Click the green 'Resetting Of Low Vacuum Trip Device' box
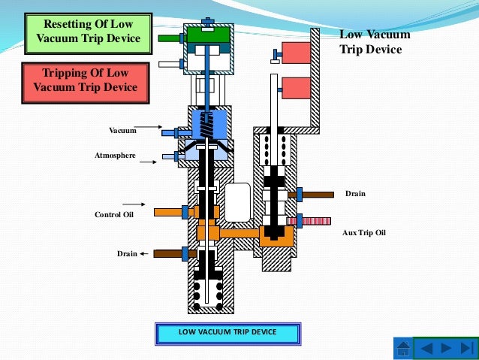click(x=87, y=31)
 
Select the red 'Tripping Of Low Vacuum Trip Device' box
click(x=86, y=80)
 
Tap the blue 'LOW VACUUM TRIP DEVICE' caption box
click(x=227, y=332)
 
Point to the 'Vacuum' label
click(x=122, y=131)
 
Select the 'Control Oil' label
click(x=113, y=214)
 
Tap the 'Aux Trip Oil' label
click(x=364, y=233)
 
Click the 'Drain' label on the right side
click(x=355, y=194)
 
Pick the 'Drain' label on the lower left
click(x=127, y=254)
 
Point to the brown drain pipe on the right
click(x=318, y=195)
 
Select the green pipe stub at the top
click(x=170, y=37)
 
